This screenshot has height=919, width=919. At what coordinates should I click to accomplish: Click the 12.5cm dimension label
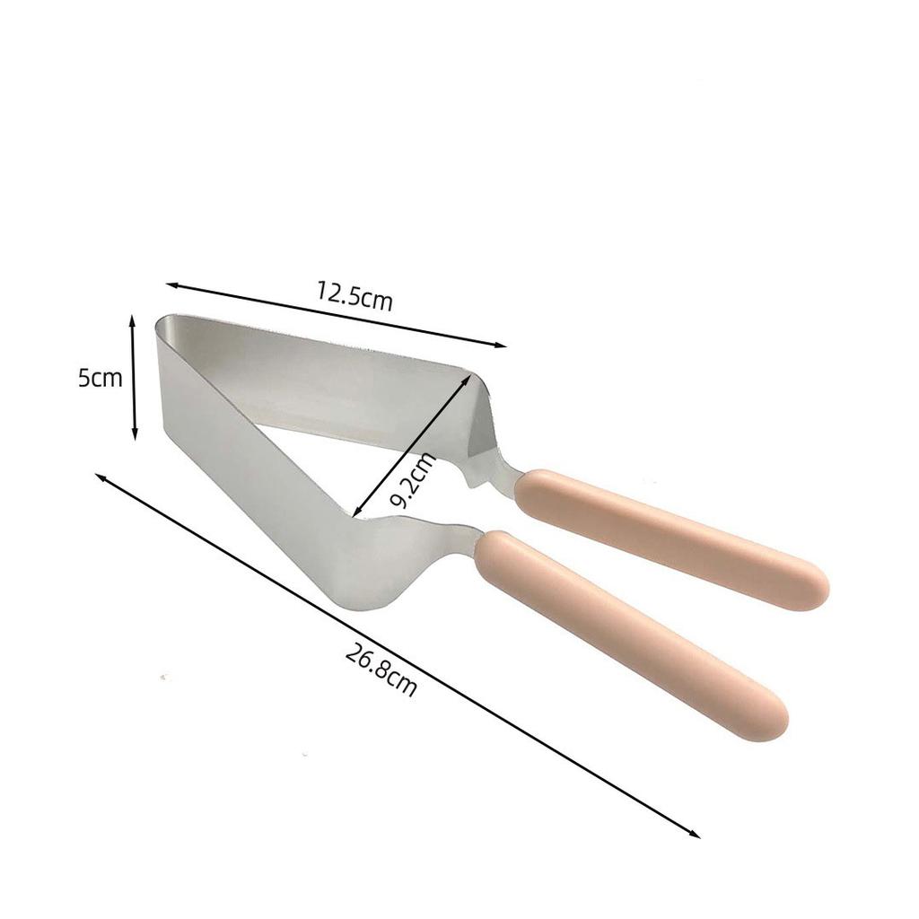coord(354,295)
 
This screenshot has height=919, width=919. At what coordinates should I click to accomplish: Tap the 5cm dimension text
coord(99,378)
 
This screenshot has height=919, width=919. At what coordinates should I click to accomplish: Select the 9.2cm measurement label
coord(415,481)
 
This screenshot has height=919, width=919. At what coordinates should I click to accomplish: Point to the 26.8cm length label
coord(381,672)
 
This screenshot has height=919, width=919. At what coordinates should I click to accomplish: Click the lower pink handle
coord(628,632)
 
